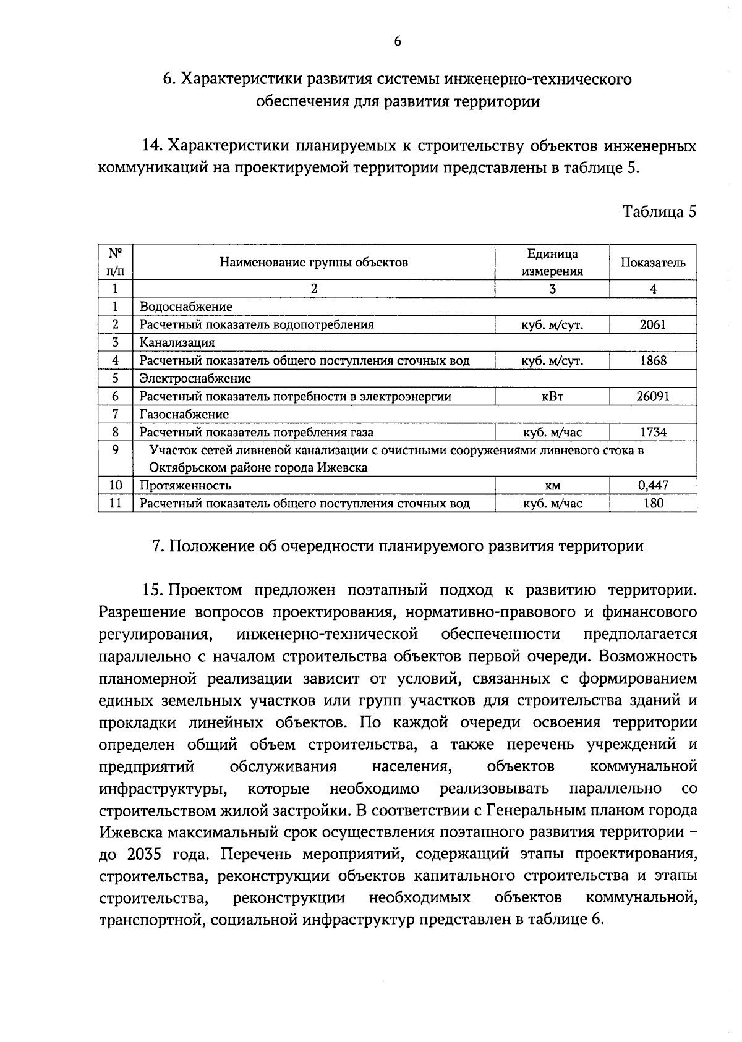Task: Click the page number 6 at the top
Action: pyautogui.click(x=397, y=41)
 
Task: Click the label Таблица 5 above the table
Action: pyautogui.click(x=659, y=211)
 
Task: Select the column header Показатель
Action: pyautogui.click(x=653, y=263)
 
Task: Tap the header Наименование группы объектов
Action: pyautogui.click(x=314, y=263)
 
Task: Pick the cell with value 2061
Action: pyautogui.click(x=653, y=324)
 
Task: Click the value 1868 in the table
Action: pyautogui.click(x=653, y=360)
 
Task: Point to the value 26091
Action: pyautogui.click(x=653, y=397)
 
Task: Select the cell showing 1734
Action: pyautogui.click(x=653, y=433)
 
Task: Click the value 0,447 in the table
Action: pyautogui.click(x=653, y=486)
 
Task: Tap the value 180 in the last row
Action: pyautogui.click(x=653, y=504)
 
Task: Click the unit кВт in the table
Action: pyautogui.click(x=552, y=397)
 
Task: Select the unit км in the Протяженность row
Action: pyautogui.click(x=552, y=486)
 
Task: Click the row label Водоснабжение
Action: pyautogui.click(x=185, y=307)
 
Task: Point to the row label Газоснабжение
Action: pyautogui.click(x=184, y=415)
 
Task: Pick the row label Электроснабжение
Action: pyautogui.click(x=195, y=378)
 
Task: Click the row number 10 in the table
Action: pyautogui.click(x=116, y=486)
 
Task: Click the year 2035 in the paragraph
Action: pyautogui.click(x=145, y=854)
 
